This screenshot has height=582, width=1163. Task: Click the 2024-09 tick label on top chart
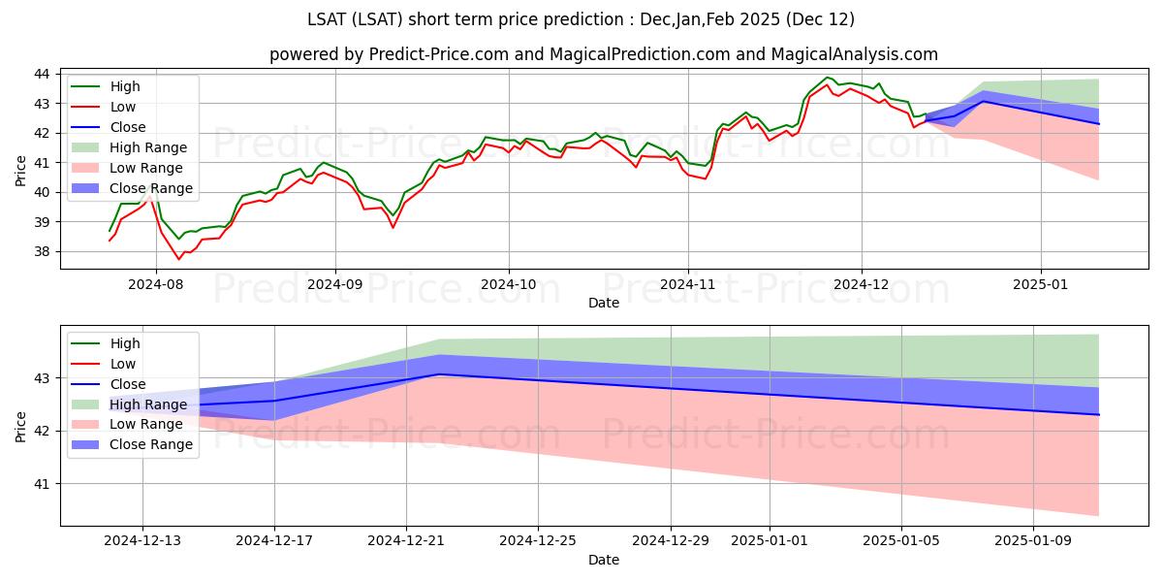(x=335, y=285)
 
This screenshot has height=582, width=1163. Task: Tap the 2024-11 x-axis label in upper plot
(x=688, y=285)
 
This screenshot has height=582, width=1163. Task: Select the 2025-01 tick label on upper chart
(x=1041, y=285)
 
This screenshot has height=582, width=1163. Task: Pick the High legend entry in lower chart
(x=125, y=343)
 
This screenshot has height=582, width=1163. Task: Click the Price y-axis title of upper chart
(x=21, y=171)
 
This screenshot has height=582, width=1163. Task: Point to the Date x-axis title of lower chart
(x=604, y=560)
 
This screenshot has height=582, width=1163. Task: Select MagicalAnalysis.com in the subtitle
(x=854, y=54)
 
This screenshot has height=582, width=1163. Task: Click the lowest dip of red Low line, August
(x=179, y=259)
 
